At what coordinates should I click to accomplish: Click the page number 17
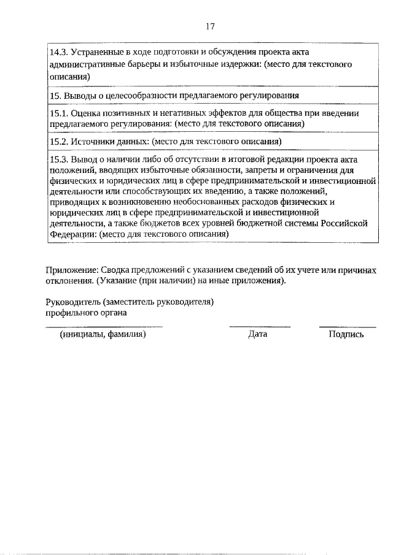tap(210, 26)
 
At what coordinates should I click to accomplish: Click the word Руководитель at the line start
tap(73, 302)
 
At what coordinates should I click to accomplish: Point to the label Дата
tap(258, 334)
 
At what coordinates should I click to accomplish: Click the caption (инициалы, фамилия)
tap(103, 334)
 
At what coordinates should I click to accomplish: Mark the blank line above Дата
tap(259, 327)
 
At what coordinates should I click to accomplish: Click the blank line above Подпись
tap(348, 327)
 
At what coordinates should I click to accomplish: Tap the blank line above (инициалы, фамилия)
tap(104, 327)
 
